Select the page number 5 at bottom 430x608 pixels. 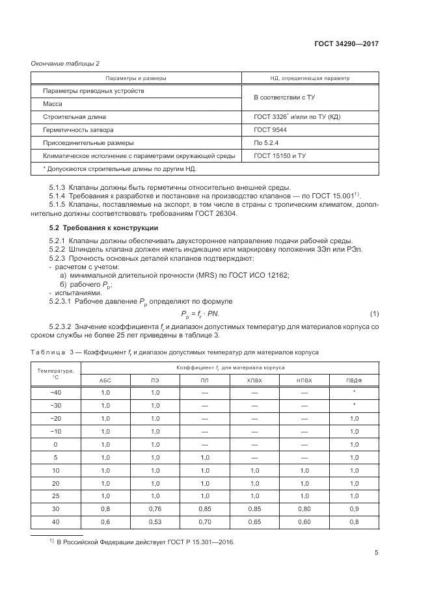(377, 553)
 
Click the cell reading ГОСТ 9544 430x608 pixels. (270, 130)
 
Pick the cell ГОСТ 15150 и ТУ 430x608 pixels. (280, 156)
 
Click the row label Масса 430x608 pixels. (53, 104)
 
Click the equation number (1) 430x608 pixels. (374, 314)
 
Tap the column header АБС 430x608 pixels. (105, 379)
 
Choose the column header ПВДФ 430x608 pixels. (354, 379)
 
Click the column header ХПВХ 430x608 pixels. (254, 379)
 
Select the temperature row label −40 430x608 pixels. (55, 392)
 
